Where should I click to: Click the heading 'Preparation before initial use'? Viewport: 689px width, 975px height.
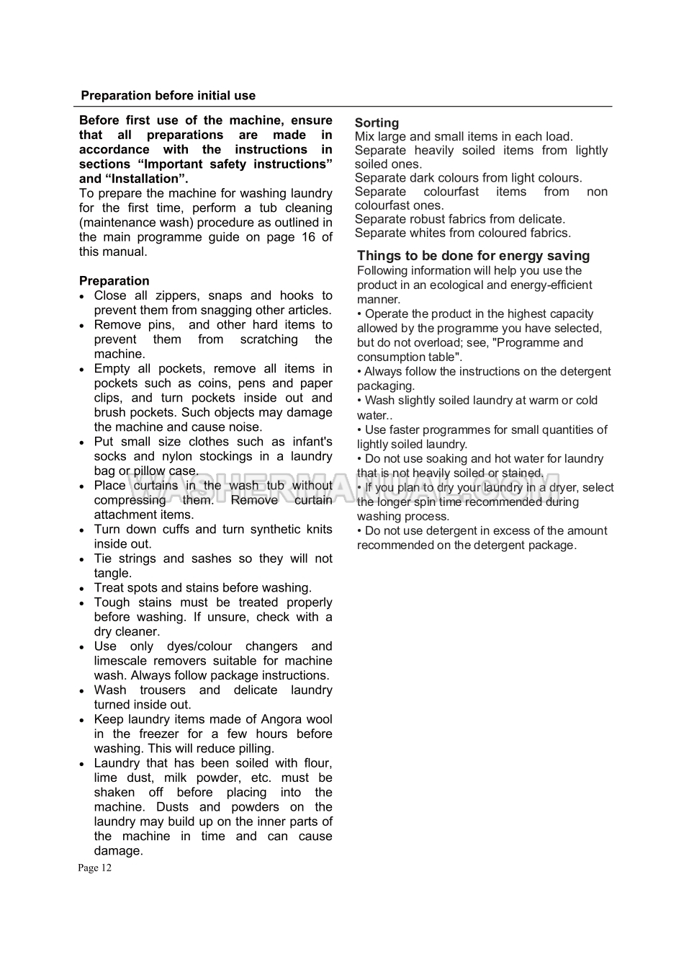click(x=168, y=96)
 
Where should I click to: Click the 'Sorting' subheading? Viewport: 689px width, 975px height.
click(x=377, y=123)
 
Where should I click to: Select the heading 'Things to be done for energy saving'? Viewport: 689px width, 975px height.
click(x=473, y=256)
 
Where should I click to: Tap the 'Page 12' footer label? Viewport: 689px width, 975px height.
click(x=95, y=868)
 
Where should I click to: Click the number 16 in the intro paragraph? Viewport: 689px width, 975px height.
click(x=308, y=237)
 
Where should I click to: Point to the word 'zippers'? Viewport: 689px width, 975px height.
click(x=176, y=295)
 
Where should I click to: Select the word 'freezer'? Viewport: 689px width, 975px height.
click(x=158, y=734)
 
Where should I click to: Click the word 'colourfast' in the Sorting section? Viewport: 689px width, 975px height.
click(x=451, y=192)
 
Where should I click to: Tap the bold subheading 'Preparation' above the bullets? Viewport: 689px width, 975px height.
click(x=114, y=281)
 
